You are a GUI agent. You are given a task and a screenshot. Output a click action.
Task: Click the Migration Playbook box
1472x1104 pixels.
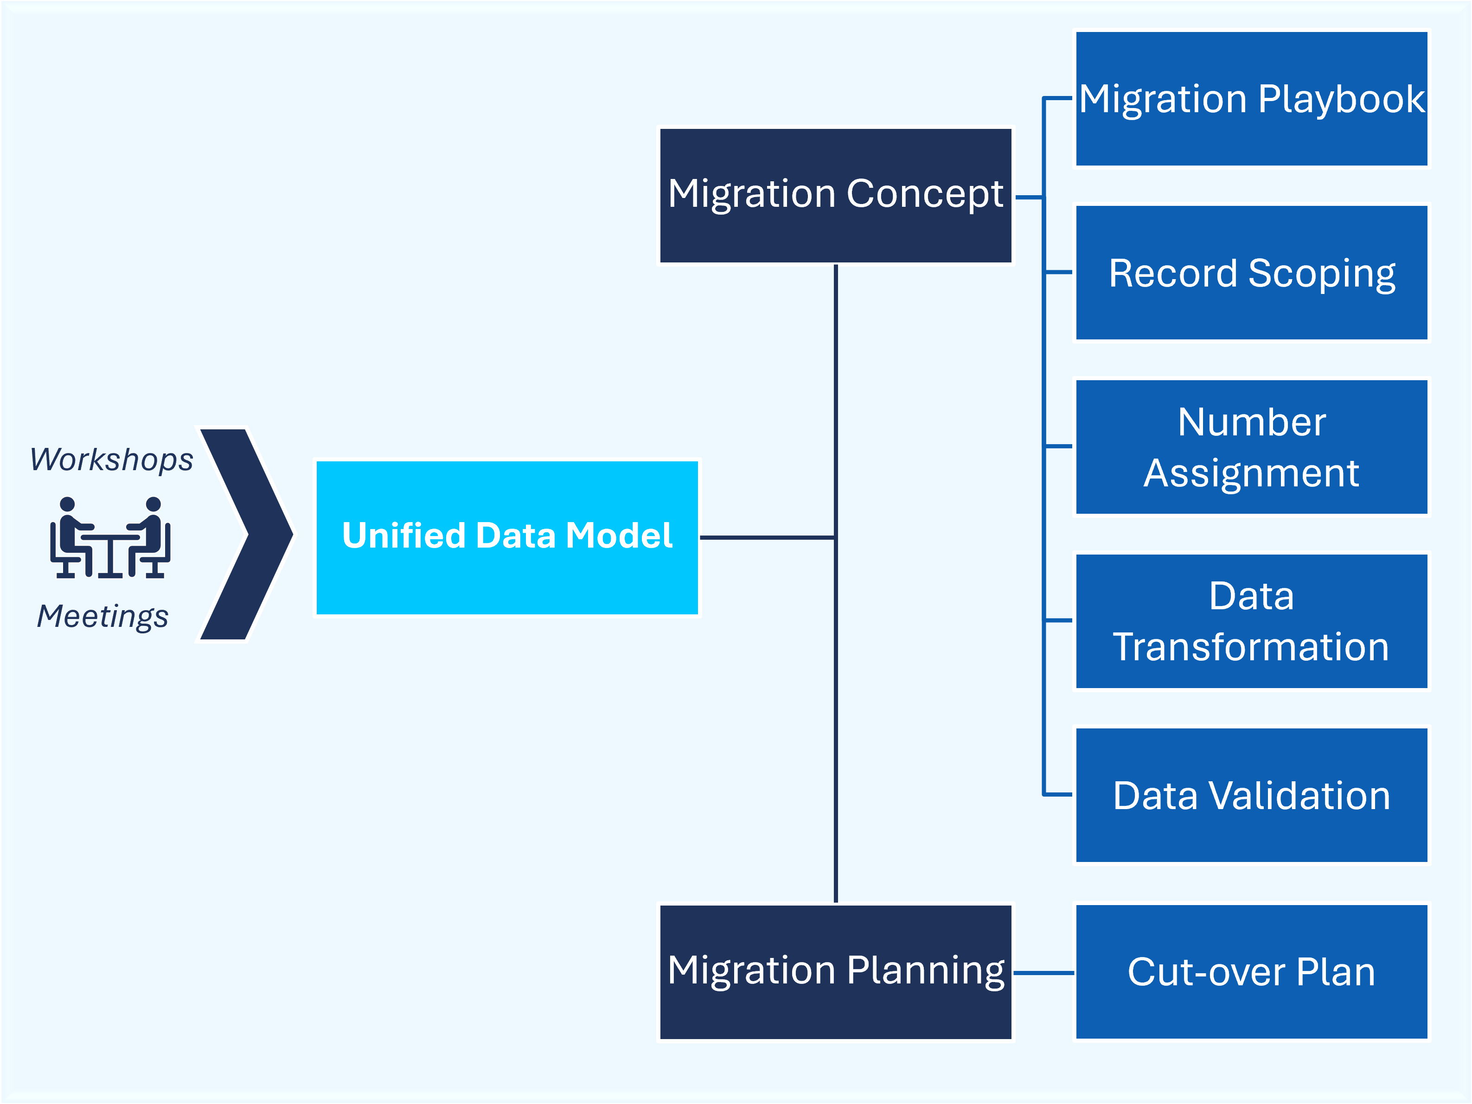point(1252,98)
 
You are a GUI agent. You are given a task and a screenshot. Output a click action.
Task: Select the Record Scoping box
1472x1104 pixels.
point(1252,272)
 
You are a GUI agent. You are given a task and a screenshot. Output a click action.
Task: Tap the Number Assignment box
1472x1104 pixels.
point(1252,447)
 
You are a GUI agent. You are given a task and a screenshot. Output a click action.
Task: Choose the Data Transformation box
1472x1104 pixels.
point(1252,621)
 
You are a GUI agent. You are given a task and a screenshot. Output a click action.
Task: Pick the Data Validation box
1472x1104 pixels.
point(1252,795)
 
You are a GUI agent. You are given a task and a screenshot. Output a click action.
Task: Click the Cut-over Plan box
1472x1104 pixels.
point(1252,971)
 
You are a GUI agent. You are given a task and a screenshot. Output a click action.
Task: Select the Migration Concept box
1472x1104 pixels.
point(836,196)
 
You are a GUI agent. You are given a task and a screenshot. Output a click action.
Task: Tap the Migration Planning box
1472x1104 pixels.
point(836,971)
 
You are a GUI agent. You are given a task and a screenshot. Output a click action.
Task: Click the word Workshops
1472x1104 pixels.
point(112,459)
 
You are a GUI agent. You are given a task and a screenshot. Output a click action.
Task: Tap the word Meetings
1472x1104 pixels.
point(102,616)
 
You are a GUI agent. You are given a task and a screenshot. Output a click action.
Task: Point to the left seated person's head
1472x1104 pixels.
point(67,504)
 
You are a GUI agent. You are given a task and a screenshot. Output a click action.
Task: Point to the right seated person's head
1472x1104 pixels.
point(153,504)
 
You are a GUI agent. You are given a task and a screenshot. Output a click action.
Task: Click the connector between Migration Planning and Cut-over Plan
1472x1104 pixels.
point(1044,973)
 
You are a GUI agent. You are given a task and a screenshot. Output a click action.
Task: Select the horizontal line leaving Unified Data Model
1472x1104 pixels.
point(767,537)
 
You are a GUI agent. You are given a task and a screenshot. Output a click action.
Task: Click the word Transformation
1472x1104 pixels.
point(1251,647)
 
